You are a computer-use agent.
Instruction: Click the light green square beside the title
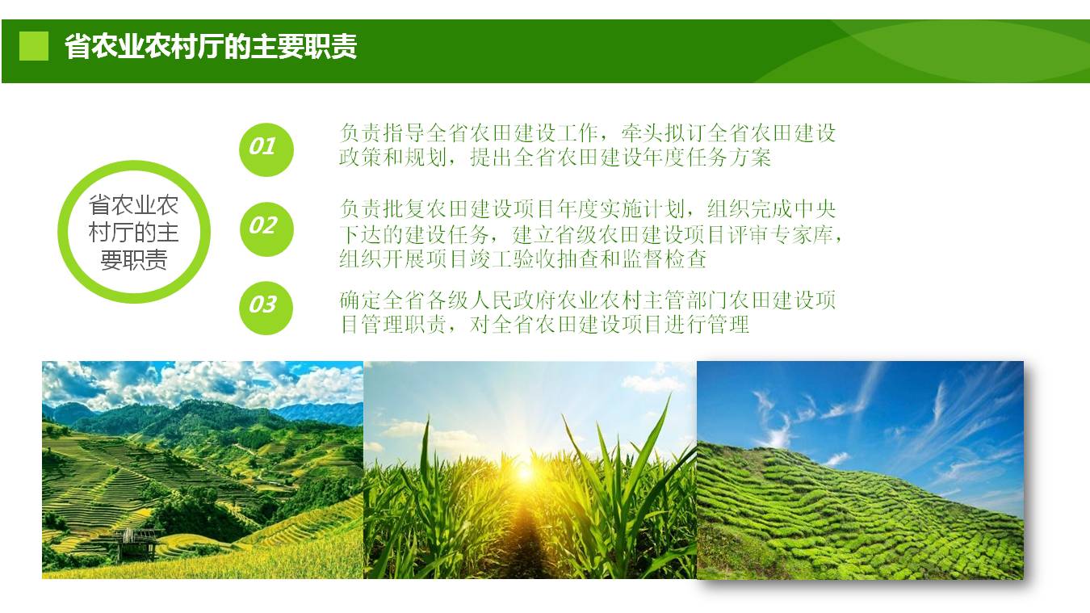pyautogui.click(x=34, y=46)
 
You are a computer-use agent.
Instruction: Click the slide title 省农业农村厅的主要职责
pyautogui.click(x=211, y=47)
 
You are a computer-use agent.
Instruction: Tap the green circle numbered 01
pyautogui.click(x=266, y=149)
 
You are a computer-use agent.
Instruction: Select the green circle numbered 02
pyautogui.click(x=266, y=229)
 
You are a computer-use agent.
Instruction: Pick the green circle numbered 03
pyautogui.click(x=266, y=309)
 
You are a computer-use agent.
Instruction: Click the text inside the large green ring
pyautogui.click(x=134, y=233)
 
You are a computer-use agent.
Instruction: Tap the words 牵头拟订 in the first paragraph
pyautogui.click(x=663, y=132)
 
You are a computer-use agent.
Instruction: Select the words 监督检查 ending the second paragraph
pyautogui.click(x=664, y=258)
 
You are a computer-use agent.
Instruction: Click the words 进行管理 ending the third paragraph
pyautogui.click(x=706, y=325)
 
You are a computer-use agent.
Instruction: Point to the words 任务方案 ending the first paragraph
pyautogui.click(x=728, y=157)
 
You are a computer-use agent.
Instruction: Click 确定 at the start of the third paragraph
pyautogui.click(x=360, y=300)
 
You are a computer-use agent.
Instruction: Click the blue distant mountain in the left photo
pyautogui.click(x=321, y=413)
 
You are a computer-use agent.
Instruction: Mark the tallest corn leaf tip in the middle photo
pyautogui.click(x=669, y=396)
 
